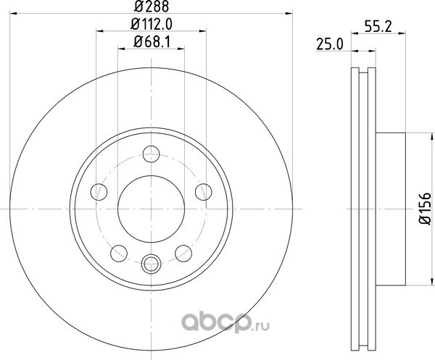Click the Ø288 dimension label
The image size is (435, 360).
coord(152,7)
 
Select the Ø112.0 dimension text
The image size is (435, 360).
coord(152,25)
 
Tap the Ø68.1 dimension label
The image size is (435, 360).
coord(152,42)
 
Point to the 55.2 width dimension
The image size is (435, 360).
coord(378,27)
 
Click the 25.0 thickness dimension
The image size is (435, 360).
coord(330,45)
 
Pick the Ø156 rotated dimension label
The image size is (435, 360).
coord(424,209)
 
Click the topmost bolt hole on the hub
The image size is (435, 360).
coord(152,154)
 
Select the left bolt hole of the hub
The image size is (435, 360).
coord(99,192)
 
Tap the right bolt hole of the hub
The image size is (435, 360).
coord(203,192)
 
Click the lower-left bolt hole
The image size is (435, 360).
coord(119,254)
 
